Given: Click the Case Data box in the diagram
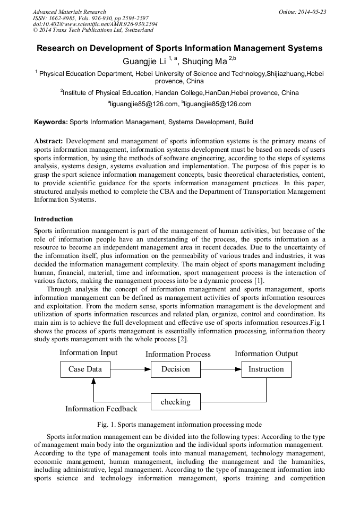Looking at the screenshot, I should [x=85, y=369].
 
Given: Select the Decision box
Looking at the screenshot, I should [x=175, y=369].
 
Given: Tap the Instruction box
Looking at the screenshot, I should [x=266, y=369].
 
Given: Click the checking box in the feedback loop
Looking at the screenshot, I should [x=175, y=402].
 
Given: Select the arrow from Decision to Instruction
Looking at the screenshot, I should [x=221, y=369].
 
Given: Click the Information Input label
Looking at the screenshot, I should [x=89, y=353].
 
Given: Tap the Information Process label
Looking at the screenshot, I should [x=178, y=354].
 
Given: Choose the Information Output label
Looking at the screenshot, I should [x=266, y=353].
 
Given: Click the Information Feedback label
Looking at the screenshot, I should [x=101, y=409].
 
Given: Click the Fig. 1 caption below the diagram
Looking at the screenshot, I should [x=179, y=425].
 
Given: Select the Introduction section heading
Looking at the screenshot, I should [x=54, y=219].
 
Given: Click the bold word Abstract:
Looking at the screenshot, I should [x=48, y=141].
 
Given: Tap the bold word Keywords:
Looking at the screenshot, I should [x=51, y=122].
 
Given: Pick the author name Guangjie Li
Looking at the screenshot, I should [x=144, y=62].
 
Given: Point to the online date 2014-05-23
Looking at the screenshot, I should [x=313, y=12].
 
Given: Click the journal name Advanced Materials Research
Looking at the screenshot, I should [x=69, y=12].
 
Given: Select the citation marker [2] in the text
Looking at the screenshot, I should [x=182, y=340].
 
